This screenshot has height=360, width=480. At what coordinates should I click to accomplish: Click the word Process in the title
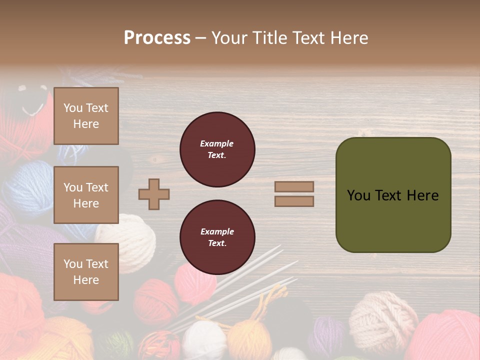point(157,38)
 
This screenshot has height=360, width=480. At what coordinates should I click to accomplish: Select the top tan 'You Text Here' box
point(86,116)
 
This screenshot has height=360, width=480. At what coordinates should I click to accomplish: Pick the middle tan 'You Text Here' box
point(86,195)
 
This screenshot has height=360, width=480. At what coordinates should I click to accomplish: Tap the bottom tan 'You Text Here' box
point(86,272)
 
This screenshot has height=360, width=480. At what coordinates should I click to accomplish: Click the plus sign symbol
point(154,194)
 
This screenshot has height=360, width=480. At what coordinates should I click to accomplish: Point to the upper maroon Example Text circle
point(217,149)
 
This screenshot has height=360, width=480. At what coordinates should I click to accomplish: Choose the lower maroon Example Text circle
point(217,237)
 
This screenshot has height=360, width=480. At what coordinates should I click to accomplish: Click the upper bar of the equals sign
point(294,186)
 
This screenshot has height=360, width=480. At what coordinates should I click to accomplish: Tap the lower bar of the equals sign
point(294,201)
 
